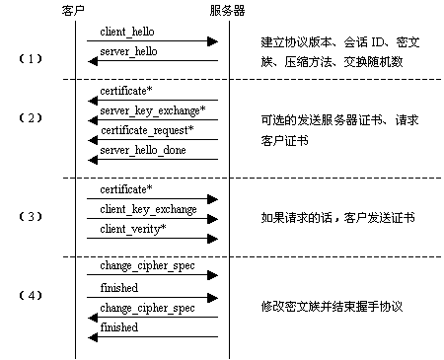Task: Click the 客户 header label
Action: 76,10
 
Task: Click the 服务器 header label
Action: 229,10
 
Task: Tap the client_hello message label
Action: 126,32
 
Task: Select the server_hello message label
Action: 128,50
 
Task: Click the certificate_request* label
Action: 146,129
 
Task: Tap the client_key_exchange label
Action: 148,209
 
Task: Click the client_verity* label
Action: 132,229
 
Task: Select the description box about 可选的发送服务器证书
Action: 339,128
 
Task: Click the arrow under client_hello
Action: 152,41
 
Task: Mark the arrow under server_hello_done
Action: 152,159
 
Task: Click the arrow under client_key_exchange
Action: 152,219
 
